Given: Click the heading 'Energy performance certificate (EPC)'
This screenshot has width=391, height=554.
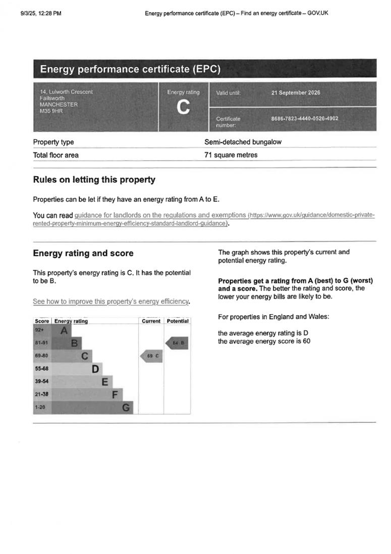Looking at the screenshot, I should tap(130, 69).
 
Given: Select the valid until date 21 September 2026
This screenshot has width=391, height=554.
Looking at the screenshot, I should tap(296, 93).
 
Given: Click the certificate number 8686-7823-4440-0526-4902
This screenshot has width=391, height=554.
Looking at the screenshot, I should tap(304, 119).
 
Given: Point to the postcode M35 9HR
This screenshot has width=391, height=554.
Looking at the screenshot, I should tap(51, 111).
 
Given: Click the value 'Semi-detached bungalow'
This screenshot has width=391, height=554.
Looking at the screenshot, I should tap(243, 142).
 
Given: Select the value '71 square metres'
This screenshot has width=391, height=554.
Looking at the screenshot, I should tap(231, 155).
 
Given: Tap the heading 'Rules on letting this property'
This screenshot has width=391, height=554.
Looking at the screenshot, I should tap(94, 180).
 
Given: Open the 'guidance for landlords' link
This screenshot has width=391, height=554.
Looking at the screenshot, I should tap(160, 215).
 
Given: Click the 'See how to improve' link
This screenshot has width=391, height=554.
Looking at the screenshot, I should tap(111, 301).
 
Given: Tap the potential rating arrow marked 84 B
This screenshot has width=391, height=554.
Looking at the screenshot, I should tap(177, 343).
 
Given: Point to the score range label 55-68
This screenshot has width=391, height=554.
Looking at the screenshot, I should tap(42, 369).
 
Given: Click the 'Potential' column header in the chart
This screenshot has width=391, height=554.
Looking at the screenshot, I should tap(177, 321).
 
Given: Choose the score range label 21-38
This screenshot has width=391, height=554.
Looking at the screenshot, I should tap(42, 394).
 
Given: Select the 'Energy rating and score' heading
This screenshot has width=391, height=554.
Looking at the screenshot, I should tap(83, 254).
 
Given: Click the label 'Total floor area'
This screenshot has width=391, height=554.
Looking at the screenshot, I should tap(55, 155).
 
